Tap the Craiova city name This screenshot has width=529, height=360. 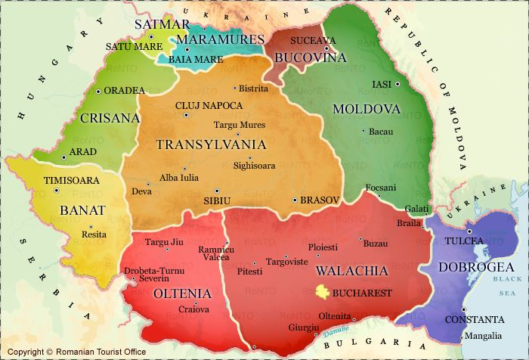tap(193, 309)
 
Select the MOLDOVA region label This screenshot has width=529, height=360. tap(365, 109)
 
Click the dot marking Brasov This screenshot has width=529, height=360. tap(295, 200)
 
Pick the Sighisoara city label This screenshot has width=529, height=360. tap(255, 166)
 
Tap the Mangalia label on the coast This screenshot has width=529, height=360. tap(482, 336)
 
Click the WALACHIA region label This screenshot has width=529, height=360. tap(351, 271)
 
